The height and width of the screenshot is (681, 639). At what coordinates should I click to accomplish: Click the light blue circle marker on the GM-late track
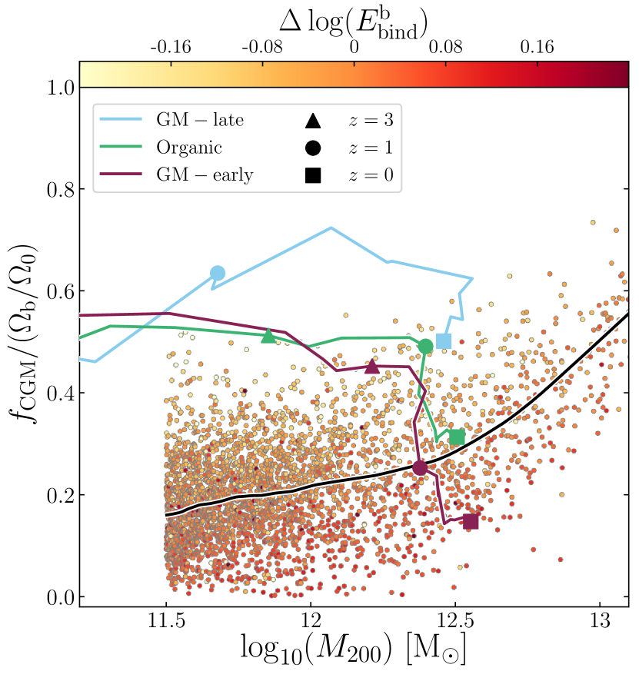coord(218,273)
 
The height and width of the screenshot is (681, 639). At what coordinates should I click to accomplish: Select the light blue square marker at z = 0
coord(444,341)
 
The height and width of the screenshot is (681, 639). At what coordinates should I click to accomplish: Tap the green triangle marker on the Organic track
coord(268,335)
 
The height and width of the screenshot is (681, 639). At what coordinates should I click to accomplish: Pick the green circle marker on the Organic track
coord(426,347)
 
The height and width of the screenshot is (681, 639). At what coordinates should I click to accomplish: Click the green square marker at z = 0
coord(458,437)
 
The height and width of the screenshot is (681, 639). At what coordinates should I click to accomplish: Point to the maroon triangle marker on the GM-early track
coord(372,366)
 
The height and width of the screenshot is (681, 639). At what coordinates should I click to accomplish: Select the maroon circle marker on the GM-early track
coord(420,468)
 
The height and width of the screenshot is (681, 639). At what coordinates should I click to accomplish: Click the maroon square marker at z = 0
coord(471,521)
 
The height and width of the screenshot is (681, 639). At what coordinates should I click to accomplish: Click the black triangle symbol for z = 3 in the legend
coord(312,121)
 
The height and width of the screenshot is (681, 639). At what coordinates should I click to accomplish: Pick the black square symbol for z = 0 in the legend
coord(312,176)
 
